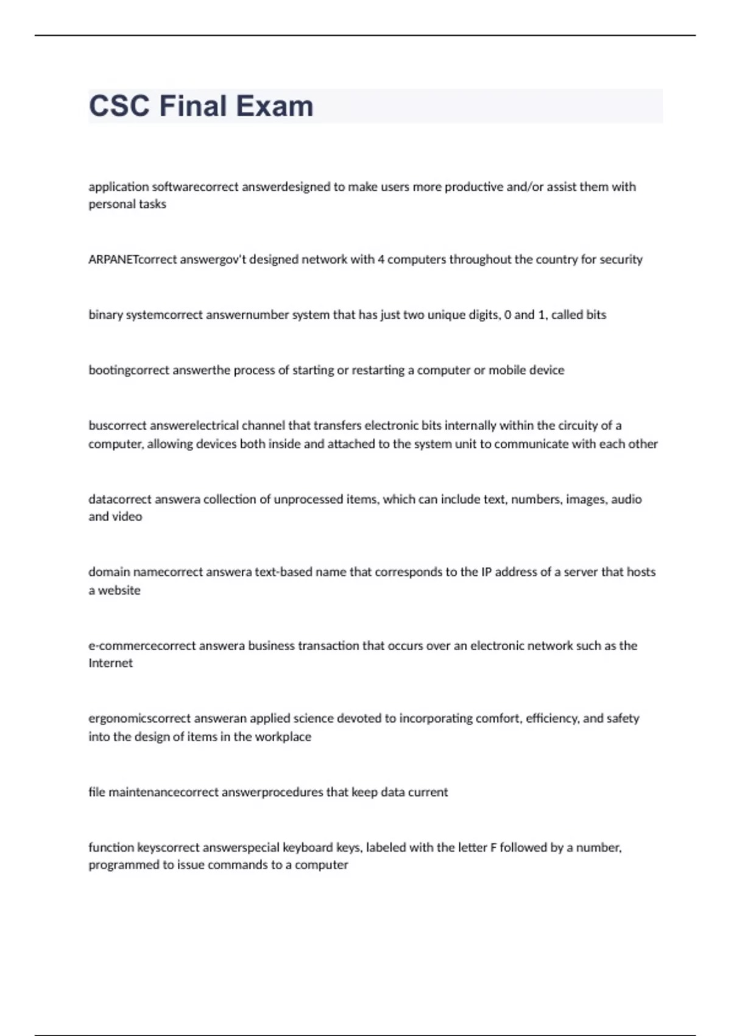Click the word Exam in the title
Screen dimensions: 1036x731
pyautogui.click(x=274, y=106)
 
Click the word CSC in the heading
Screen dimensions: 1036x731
pyautogui.click(x=119, y=106)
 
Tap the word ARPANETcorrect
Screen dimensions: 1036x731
pyautogui.click(x=132, y=260)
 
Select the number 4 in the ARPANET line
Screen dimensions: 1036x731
pyautogui.click(x=381, y=260)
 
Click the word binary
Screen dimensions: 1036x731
pyautogui.click(x=105, y=315)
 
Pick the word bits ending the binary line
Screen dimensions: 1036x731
pyautogui.click(x=596, y=315)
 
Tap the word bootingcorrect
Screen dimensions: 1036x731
pyautogui.click(x=129, y=371)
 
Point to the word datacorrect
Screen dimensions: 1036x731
pyautogui.click(x=119, y=499)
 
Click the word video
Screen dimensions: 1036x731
pyautogui.click(x=127, y=517)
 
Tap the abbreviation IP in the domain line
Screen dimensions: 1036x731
pyautogui.click(x=486, y=572)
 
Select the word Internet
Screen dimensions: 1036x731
pyautogui.click(x=110, y=663)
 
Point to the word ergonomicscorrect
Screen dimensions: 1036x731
pyautogui.click(x=139, y=718)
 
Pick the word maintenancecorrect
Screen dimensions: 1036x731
pyautogui.click(x=163, y=792)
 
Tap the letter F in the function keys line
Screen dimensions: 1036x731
pyautogui.click(x=493, y=848)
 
